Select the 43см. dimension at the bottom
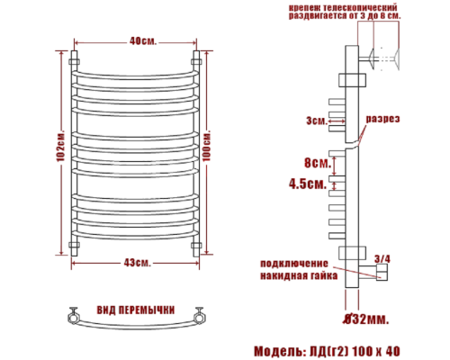[x=138, y=261]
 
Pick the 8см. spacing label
[x=315, y=163]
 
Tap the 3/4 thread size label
[x=382, y=257]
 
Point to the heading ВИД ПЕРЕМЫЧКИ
[x=137, y=309]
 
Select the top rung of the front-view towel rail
[x=137, y=67]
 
